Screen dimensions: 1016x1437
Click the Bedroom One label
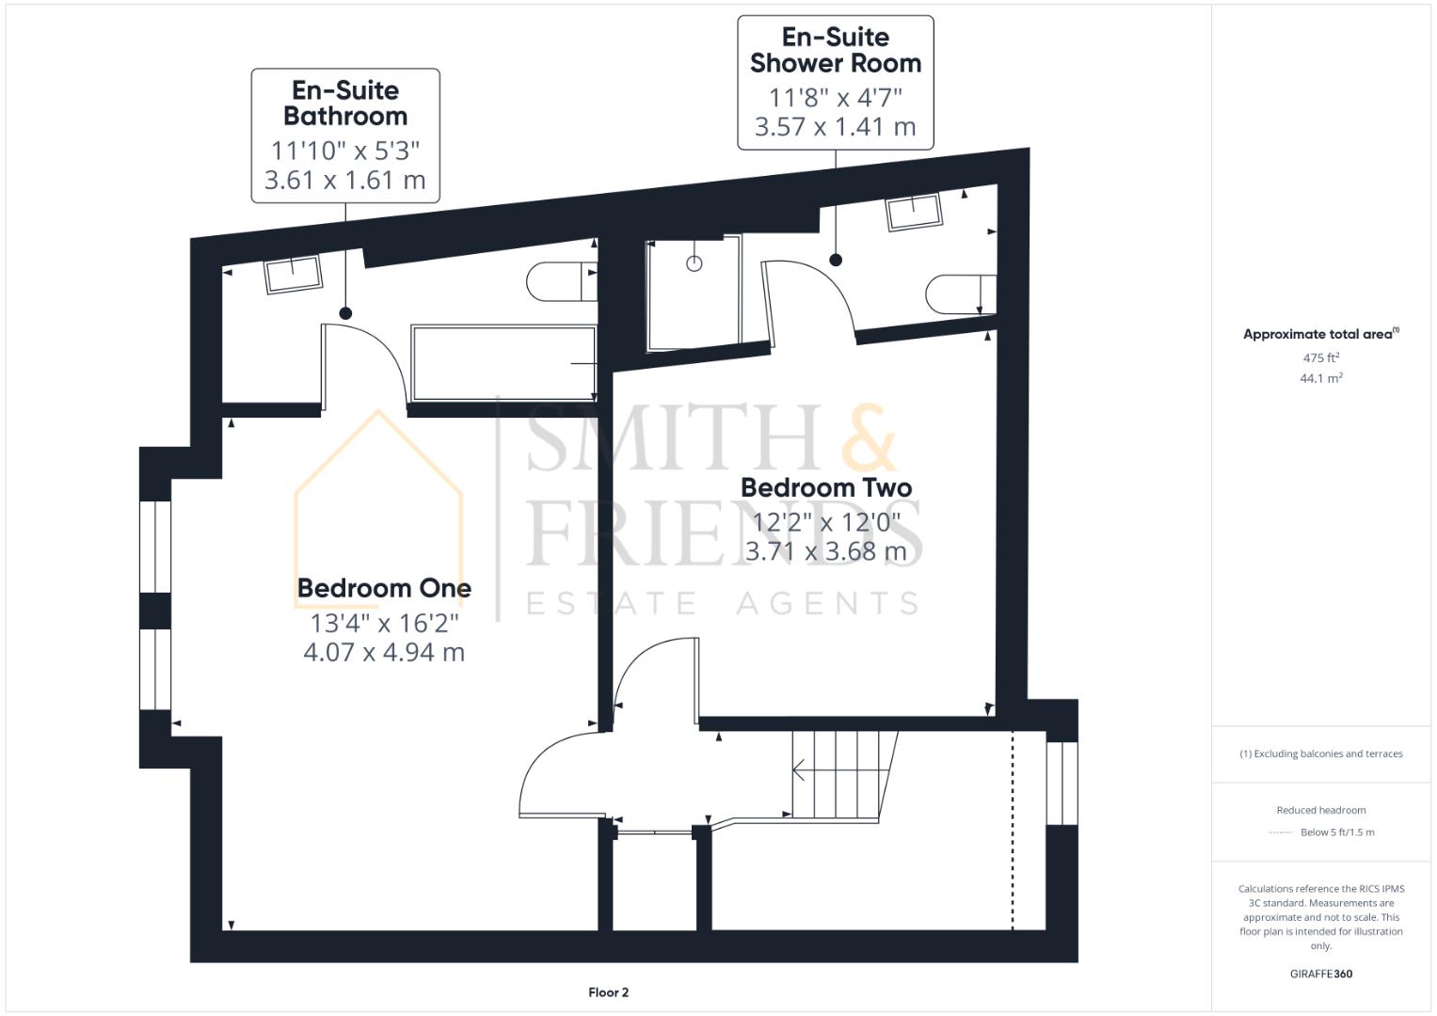tap(384, 588)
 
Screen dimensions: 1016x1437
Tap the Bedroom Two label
tap(825, 487)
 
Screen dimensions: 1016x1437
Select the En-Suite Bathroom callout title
tap(345, 103)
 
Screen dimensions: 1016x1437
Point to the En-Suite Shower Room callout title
tap(835, 51)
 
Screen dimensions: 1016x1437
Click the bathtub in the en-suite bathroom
tap(503, 363)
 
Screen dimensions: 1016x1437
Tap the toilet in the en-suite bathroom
tap(560, 282)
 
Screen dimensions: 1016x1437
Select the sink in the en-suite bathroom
tap(294, 275)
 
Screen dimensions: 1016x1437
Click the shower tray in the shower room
tap(694, 294)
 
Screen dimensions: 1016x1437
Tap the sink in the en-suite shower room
tap(913, 212)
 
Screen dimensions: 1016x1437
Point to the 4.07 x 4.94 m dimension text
tap(384, 652)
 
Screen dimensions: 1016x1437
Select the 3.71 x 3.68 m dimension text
tap(825, 551)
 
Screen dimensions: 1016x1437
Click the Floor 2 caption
tap(608, 992)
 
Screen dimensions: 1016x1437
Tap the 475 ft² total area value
tap(1320, 357)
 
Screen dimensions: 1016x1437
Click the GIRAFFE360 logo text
tap(1320, 974)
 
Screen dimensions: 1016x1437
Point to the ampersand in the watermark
tap(869, 439)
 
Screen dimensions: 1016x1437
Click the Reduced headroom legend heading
tap(1320, 810)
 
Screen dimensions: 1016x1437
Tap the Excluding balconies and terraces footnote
tap(1320, 754)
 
